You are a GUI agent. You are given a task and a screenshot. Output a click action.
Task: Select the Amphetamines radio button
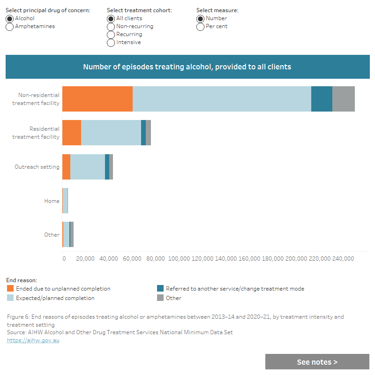tap(10, 27)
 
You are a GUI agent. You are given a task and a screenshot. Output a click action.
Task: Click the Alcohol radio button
tap(10, 19)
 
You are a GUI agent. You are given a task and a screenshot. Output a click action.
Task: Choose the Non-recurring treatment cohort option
tap(111, 27)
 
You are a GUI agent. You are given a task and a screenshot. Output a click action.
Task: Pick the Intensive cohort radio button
tap(111, 43)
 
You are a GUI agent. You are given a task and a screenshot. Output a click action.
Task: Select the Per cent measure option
tap(201, 27)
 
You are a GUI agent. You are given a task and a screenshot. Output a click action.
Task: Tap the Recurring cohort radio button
tap(111, 35)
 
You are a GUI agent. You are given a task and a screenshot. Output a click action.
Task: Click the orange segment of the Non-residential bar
tap(97, 99)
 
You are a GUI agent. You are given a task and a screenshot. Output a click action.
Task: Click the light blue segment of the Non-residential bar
tap(222, 99)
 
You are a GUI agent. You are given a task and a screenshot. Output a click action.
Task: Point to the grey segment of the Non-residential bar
tap(344, 99)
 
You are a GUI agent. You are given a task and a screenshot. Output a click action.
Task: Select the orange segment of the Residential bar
tap(72, 133)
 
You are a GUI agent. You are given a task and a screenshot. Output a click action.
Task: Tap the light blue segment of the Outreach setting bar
tap(88, 166)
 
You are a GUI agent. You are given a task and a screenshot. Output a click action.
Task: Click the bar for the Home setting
tap(65, 201)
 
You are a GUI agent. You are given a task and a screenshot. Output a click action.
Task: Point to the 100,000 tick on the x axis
tap(179, 258)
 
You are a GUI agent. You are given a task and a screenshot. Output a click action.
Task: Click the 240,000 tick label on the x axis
tap(343, 258)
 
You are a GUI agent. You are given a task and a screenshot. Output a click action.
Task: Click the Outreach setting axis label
tap(37, 167)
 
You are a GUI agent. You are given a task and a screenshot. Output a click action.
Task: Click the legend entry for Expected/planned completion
tap(55, 298)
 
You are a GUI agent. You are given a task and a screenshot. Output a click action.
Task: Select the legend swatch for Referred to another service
tap(160, 289)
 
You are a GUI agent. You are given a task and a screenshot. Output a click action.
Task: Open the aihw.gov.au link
tap(33, 340)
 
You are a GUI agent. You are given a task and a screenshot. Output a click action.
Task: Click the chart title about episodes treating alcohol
tap(187, 67)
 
